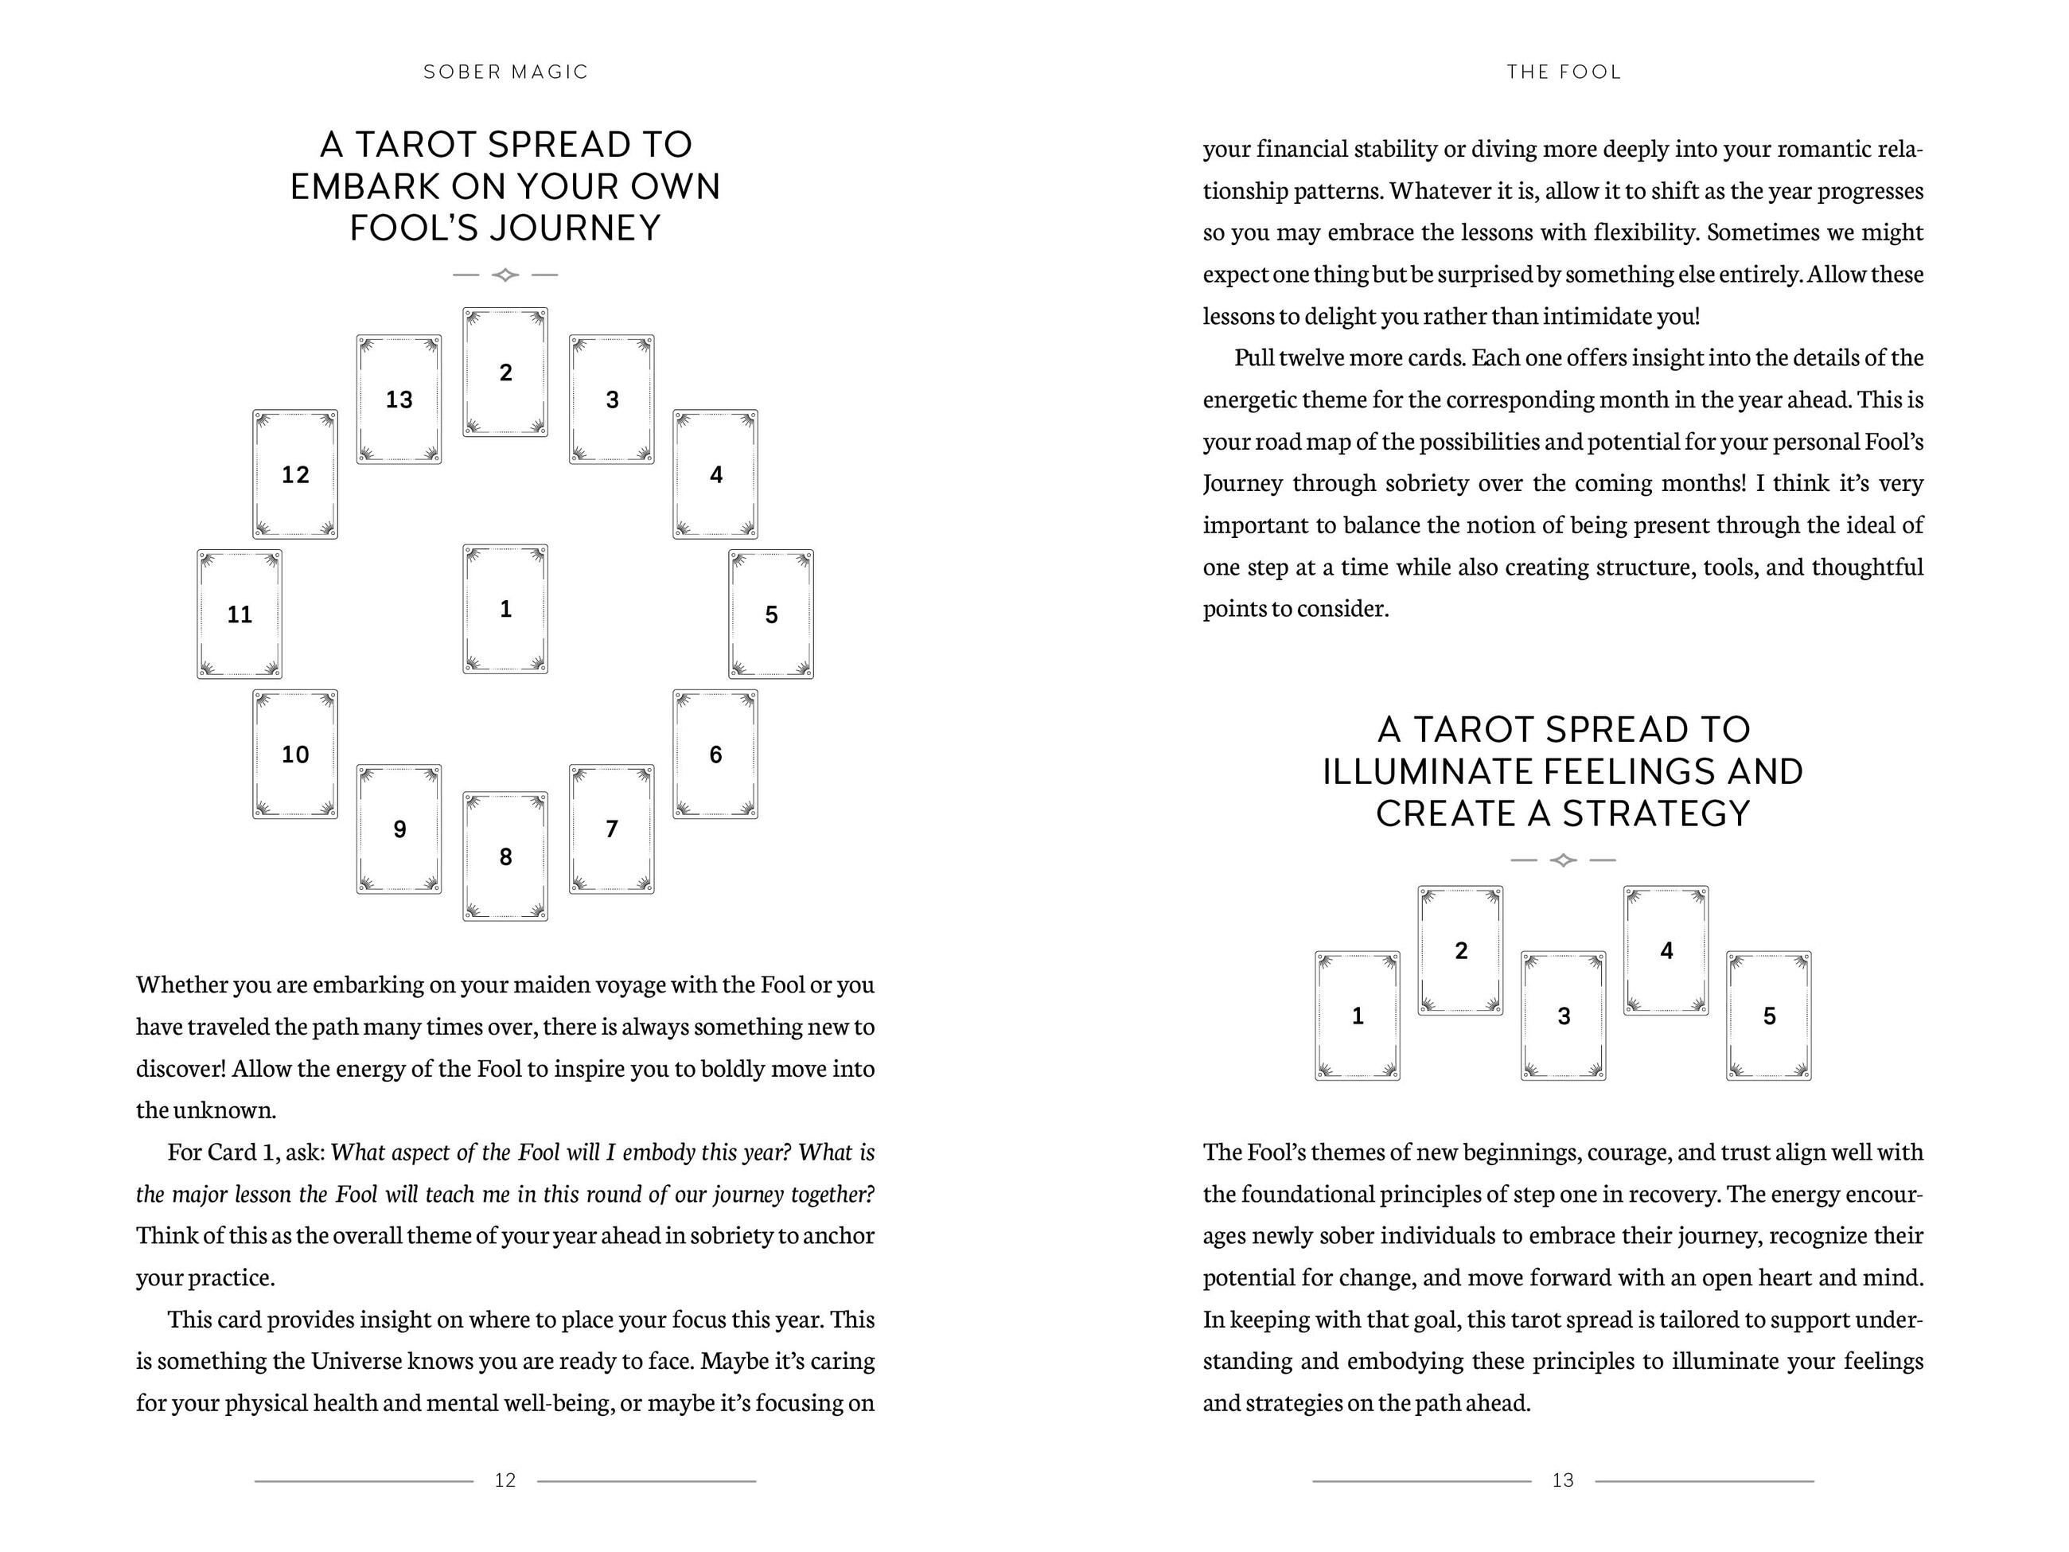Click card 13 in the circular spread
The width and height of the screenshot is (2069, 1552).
(399, 400)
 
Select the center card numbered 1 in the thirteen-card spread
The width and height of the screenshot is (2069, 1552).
(505, 609)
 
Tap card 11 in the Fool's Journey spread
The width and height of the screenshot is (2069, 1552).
(240, 614)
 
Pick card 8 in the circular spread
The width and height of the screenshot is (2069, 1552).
(505, 856)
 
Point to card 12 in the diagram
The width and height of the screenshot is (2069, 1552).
(295, 474)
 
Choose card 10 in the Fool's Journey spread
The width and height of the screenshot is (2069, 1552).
(295, 754)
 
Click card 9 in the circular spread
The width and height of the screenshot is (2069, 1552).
(399, 829)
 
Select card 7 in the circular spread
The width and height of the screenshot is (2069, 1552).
(612, 829)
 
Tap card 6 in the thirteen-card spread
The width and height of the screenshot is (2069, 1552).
(715, 754)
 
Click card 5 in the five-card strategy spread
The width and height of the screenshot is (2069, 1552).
(1769, 1016)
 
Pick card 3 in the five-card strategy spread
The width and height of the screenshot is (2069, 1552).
(1563, 1016)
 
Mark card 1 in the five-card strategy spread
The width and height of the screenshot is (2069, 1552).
(1358, 1016)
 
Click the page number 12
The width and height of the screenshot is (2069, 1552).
(505, 1480)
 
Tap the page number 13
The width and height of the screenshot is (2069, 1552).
(1563, 1480)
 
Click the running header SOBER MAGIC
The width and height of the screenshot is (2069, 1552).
(506, 72)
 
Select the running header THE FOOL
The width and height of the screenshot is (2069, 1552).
(1564, 72)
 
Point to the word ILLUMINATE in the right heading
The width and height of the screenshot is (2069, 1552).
(1424, 772)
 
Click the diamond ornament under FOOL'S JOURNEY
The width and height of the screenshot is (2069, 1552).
(505, 275)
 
